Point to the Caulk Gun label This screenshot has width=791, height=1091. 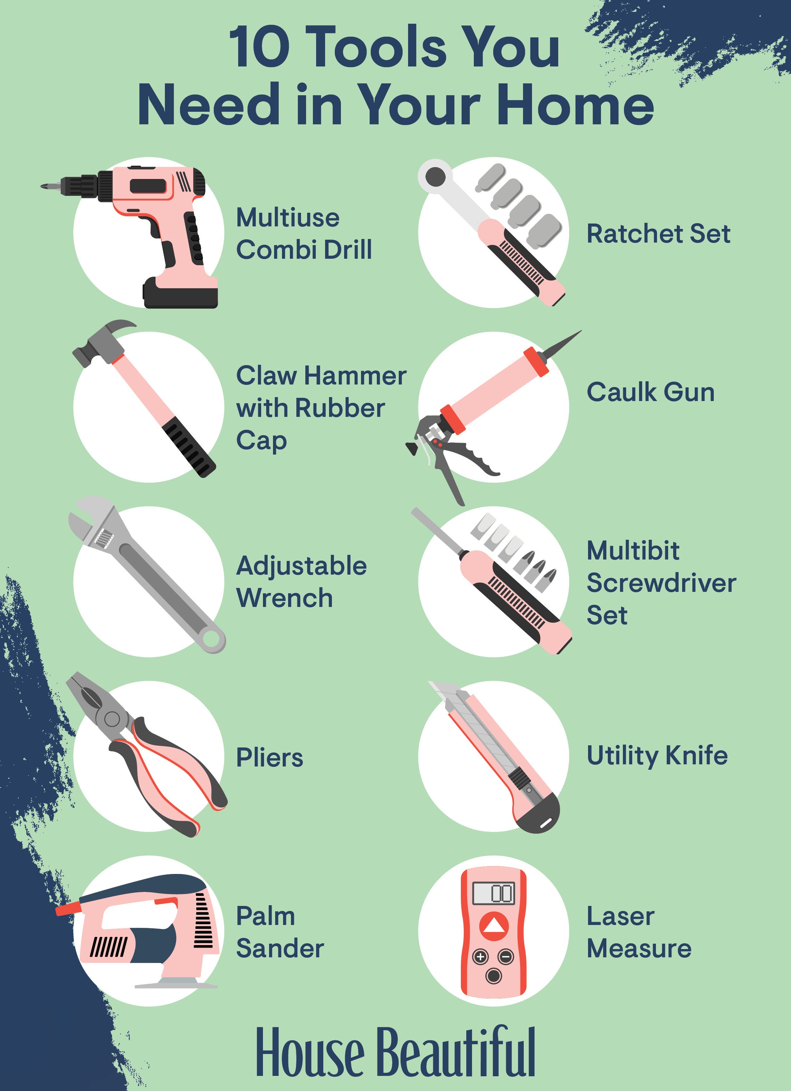click(651, 392)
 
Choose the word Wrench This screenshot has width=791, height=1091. click(284, 598)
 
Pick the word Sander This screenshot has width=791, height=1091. click(280, 948)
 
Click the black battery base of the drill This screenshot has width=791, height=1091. click(180, 293)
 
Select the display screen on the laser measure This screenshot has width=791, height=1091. click(493, 893)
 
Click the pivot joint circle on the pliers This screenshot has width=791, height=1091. click(112, 719)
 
